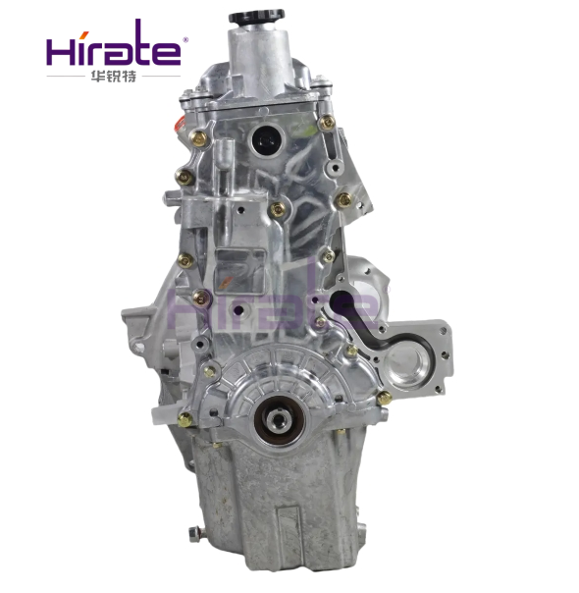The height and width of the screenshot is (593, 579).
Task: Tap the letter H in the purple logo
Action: pyautogui.click(x=61, y=51)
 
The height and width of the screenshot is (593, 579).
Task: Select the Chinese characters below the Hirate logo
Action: pyautogui.click(x=114, y=77)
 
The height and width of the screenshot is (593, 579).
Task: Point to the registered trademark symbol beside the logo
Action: pyautogui.click(x=185, y=39)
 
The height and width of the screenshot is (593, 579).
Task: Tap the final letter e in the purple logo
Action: pyautogui.click(x=166, y=53)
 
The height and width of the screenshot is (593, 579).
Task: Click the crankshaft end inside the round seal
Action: pyautogui.click(x=279, y=418)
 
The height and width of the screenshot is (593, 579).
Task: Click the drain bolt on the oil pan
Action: pyautogui.click(x=194, y=534)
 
